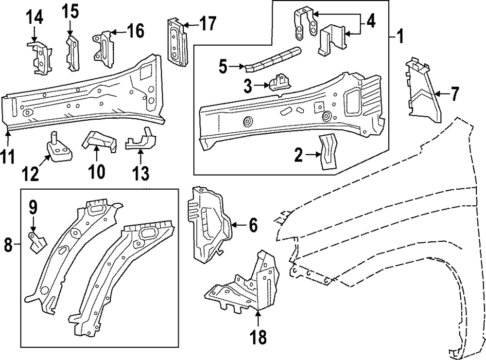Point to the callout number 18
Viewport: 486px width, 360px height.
[x=259, y=337]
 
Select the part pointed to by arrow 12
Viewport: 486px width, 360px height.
[x=59, y=148]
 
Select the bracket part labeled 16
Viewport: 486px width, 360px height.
[x=104, y=48]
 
